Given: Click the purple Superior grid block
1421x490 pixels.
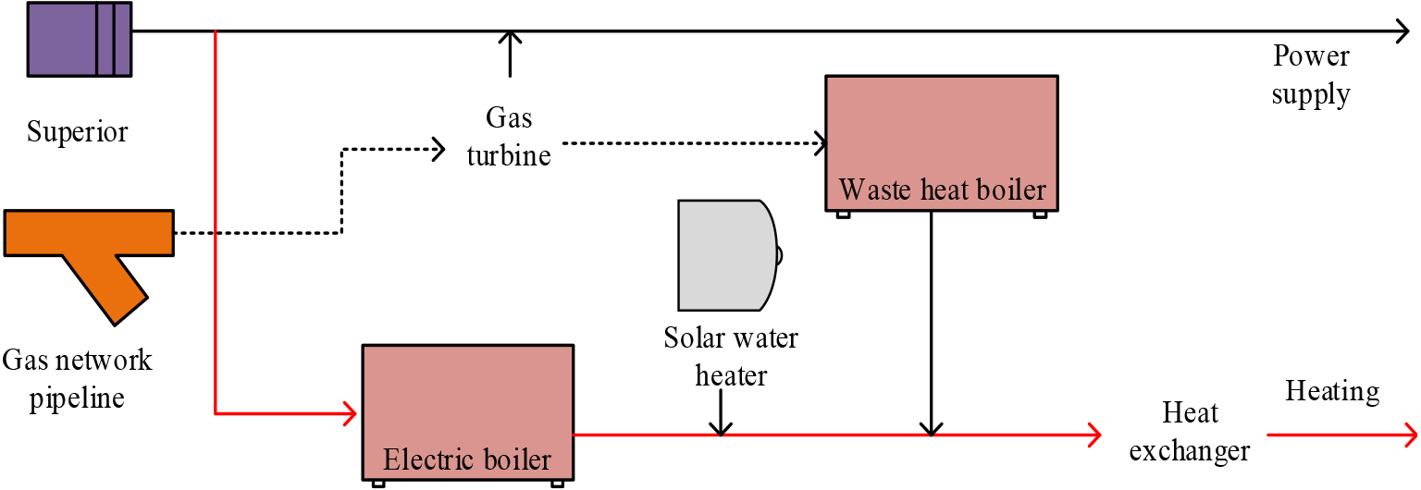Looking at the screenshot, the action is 80,40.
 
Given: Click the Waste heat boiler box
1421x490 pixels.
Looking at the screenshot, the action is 942,144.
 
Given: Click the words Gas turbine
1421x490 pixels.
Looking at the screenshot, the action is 509,136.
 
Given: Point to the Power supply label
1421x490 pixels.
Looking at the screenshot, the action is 1311,76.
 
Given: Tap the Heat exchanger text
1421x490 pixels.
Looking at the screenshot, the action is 1190,432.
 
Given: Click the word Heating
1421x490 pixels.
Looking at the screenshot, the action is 1332,391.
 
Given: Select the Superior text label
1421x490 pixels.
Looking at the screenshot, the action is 78,132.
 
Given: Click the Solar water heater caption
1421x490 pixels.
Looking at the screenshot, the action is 731,356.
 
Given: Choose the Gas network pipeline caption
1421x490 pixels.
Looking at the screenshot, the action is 77,379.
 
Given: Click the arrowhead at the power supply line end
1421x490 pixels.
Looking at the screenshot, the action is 1402,31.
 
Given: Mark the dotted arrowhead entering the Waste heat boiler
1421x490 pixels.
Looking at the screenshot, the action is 821,143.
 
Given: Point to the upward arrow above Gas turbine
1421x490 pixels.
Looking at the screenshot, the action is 510,54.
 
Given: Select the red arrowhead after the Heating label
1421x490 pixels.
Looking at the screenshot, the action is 1410,435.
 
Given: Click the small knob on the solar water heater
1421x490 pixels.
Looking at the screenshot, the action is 780,255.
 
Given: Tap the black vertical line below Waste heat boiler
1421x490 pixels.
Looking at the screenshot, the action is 932,324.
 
